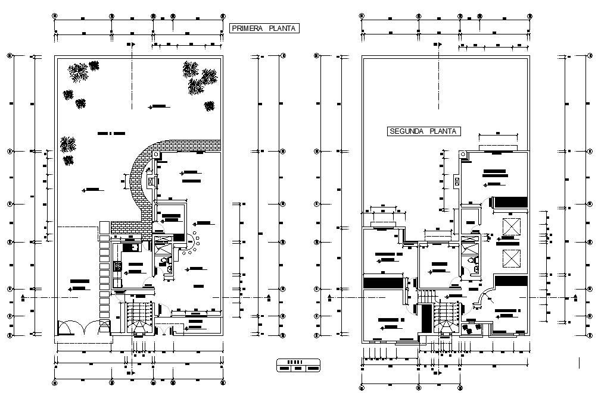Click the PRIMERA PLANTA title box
click(x=264, y=28)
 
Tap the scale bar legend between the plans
click(x=298, y=365)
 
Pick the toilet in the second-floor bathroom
click(x=473, y=261)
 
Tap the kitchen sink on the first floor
click(x=129, y=247)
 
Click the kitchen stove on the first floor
click(x=117, y=268)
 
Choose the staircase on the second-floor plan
click(x=445, y=318)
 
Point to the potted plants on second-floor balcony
click(x=471, y=326)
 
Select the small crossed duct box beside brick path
click(x=150, y=182)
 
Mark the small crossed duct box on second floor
click(x=457, y=181)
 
